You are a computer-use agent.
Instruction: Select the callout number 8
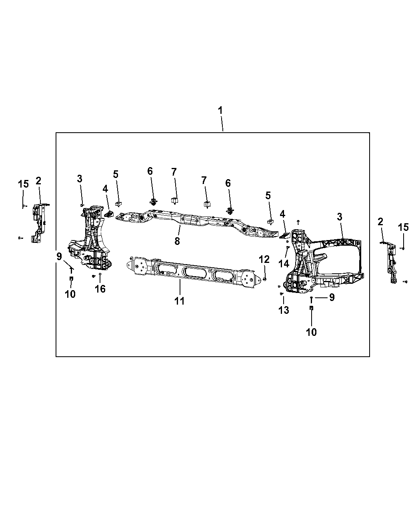tap(177, 241)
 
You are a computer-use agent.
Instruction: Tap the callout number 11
tap(180, 301)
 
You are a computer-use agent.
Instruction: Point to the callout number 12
tap(264, 259)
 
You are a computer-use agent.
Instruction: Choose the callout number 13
tap(284, 310)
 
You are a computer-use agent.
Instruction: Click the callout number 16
tap(100, 289)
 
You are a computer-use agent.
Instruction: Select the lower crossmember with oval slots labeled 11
tap(188, 273)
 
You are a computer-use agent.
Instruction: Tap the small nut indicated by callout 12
tap(265, 279)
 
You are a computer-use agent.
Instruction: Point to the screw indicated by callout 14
tap(288, 248)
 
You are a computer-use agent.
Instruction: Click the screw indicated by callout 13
tap(281, 294)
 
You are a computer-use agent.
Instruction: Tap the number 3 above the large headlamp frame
tap(340, 217)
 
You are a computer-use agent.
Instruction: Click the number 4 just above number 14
tap(282, 214)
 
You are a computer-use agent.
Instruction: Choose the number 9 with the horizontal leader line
tap(332, 297)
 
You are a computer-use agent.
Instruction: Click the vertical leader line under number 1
tap(222, 124)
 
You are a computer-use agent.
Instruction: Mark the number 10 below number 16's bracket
tap(70, 294)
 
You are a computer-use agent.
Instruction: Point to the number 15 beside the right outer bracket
tap(403, 227)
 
